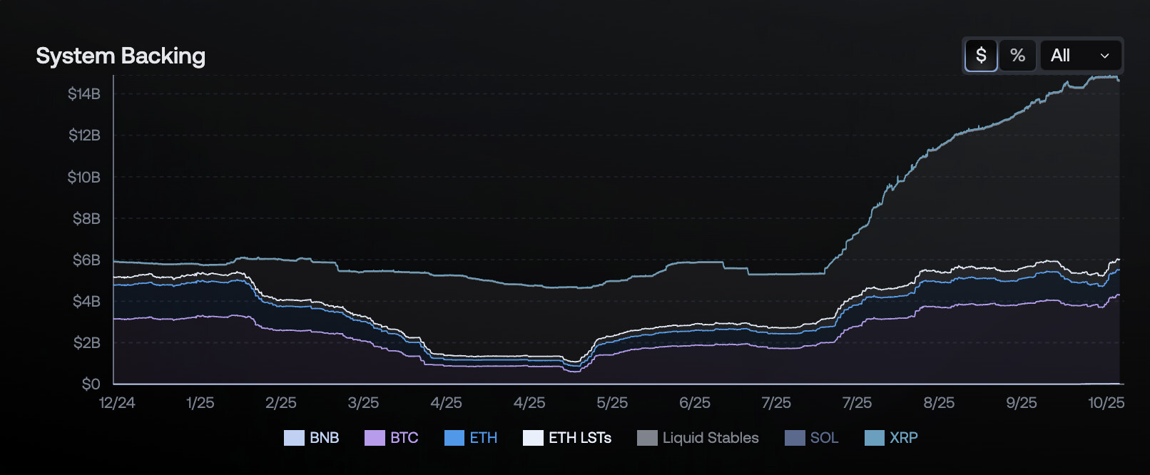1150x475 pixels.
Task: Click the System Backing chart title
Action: [x=121, y=56]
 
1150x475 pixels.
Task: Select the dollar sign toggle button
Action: [x=981, y=55]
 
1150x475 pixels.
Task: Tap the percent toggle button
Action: [x=1017, y=55]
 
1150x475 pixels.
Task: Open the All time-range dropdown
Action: [x=1080, y=55]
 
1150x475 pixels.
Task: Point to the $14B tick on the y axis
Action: [x=84, y=93]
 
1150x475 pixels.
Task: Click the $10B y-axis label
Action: [x=84, y=177]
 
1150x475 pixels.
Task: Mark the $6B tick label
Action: [x=86, y=260]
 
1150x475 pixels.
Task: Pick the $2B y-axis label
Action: [x=86, y=342]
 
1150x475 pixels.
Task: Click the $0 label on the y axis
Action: [x=91, y=384]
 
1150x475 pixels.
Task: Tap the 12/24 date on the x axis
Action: [x=117, y=403]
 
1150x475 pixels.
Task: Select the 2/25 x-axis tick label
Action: [x=281, y=403]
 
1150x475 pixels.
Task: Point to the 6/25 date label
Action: [x=695, y=403]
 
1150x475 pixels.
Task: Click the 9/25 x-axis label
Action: [x=1022, y=403]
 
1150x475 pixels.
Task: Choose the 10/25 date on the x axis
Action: [x=1106, y=403]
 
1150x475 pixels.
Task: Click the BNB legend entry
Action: [x=312, y=438]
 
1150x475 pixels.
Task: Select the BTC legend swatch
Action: [x=375, y=438]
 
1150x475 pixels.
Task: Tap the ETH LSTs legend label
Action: [x=579, y=438]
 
